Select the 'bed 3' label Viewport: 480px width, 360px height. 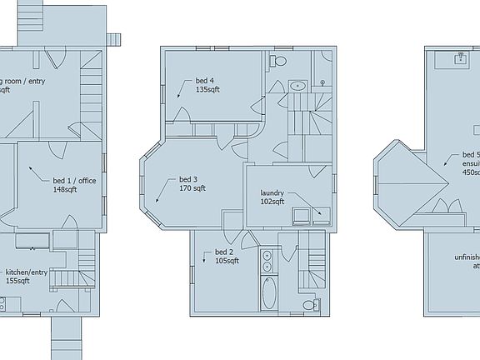click(188, 179)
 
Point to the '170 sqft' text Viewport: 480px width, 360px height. click(192, 188)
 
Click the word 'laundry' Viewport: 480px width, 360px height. click(272, 192)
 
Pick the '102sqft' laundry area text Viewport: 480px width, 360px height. click(272, 202)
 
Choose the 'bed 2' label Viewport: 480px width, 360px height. click(223, 252)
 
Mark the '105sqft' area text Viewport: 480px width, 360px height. click(227, 261)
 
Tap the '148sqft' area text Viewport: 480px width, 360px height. click(65, 190)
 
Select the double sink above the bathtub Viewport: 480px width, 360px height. click(268, 261)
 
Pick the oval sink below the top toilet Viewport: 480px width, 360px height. click(297, 85)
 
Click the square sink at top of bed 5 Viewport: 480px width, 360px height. click(459, 59)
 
